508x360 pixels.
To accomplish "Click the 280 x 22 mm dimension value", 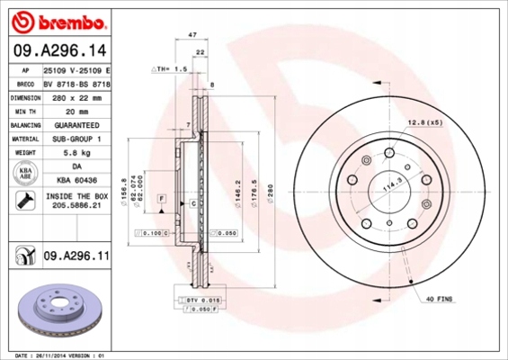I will click(x=76, y=96).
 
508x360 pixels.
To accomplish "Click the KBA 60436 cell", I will click(x=76, y=182).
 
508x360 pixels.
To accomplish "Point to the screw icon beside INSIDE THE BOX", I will click(x=22, y=202).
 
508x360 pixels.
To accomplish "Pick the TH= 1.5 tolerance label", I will click(x=170, y=67).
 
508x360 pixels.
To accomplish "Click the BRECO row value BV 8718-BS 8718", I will click(x=76, y=82).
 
